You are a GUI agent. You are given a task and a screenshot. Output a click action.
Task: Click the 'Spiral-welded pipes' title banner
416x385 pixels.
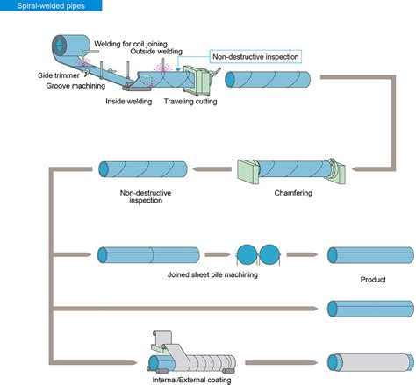51,5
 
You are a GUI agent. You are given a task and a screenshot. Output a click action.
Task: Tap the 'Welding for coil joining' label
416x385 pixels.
131,44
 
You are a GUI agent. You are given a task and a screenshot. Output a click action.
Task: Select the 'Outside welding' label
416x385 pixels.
156,52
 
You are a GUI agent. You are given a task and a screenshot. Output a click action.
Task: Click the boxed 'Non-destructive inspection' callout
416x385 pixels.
255,56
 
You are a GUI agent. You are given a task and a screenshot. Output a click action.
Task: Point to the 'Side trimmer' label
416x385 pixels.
59,75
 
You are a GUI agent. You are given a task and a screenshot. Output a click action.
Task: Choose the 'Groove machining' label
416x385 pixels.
75,86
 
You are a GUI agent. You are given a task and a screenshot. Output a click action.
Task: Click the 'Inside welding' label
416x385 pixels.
129,102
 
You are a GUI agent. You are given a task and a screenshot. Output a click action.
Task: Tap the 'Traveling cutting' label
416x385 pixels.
190,102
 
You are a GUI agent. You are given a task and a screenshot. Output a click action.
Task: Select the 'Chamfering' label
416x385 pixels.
293,193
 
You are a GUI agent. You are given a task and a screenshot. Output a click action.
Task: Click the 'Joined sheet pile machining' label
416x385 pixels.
212,274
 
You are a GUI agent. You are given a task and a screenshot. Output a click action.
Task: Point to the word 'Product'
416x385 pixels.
373,280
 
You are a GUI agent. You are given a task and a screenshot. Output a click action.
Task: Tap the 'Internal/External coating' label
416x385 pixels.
191,380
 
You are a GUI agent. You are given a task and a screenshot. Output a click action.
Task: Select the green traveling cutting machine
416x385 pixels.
197,81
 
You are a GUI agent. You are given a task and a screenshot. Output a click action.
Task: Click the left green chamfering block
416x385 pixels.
248,171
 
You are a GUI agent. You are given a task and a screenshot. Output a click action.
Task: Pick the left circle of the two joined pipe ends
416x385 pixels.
247,255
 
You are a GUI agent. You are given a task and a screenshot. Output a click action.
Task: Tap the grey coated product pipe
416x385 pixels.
371,362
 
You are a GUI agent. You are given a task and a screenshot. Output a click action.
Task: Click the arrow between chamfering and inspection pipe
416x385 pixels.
212,169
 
